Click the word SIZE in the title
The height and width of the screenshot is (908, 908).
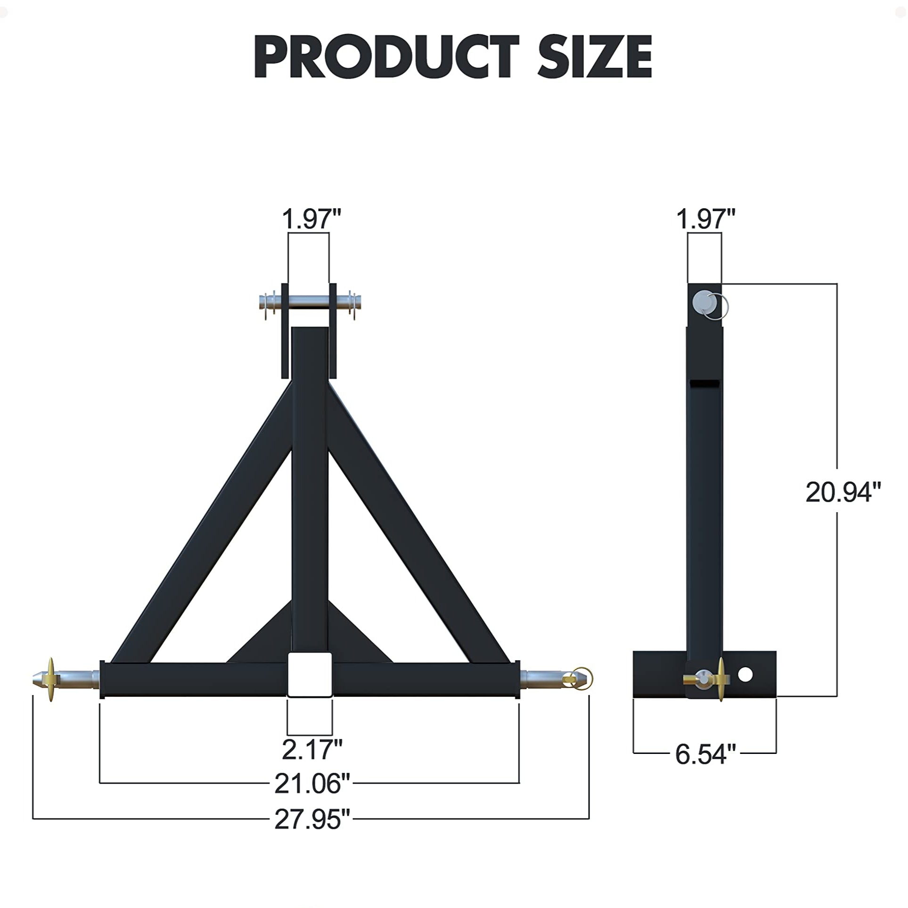pos(595,57)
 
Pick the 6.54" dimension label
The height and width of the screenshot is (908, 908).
pos(705,754)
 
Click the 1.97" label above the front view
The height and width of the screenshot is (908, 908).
pos(311,219)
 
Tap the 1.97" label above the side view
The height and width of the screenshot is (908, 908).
pos(705,219)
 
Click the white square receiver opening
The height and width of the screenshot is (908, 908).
pos(309,674)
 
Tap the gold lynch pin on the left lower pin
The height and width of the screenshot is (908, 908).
pos(51,680)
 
